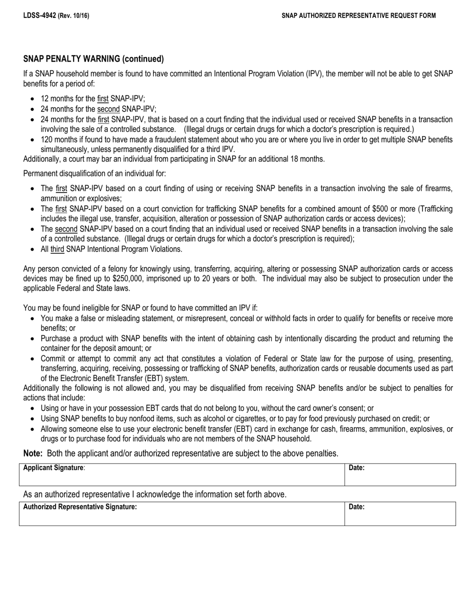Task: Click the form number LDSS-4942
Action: click(x=39, y=15)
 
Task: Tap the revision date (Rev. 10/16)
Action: click(x=73, y=15)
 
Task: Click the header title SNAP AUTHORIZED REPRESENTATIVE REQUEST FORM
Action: click(x=358, y=15)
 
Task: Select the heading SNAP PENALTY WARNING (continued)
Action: click(x=93, y=59)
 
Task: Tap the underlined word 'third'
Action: click(x=57, y=249)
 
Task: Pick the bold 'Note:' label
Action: click(x=33, y=453)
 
